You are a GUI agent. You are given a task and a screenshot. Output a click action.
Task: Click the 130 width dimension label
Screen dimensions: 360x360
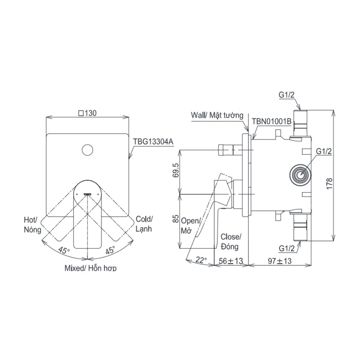(87, 113)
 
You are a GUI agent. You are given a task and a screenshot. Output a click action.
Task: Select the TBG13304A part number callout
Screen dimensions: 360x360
(153, 142)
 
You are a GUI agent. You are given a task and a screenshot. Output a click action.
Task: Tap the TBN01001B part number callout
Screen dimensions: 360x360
(271, 121)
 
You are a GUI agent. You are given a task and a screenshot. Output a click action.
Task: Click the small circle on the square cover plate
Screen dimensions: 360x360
(87, 150)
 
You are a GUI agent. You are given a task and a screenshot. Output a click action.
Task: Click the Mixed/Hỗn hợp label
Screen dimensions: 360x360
(90, 268)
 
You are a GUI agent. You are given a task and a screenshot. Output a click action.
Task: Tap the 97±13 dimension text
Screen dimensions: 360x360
(279, 261)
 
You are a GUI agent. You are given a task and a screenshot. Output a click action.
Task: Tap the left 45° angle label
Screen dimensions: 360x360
(64, 251)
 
